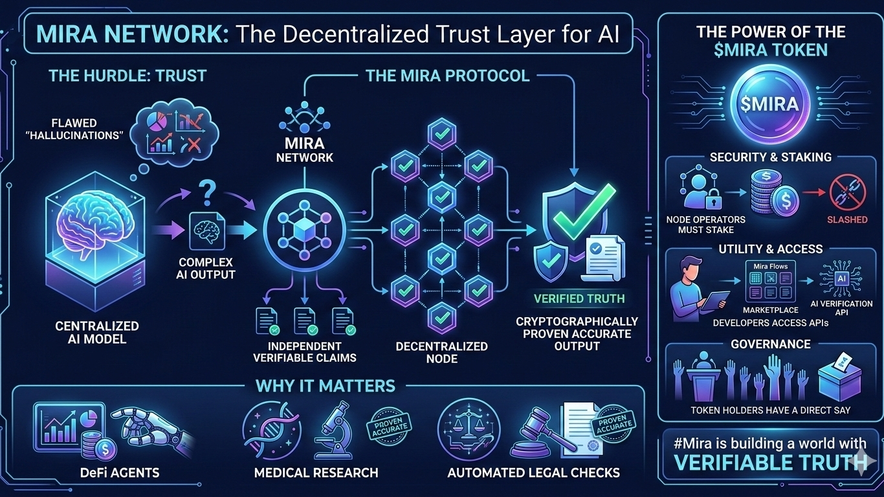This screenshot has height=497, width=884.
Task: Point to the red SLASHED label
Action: coord(846,219)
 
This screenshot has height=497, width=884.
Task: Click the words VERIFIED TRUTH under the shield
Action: coord(579,299)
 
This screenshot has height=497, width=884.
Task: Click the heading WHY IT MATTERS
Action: coord(326,386)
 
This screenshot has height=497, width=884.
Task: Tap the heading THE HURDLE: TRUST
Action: coord(127,76)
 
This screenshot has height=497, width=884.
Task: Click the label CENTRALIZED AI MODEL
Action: coord(97,332)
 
